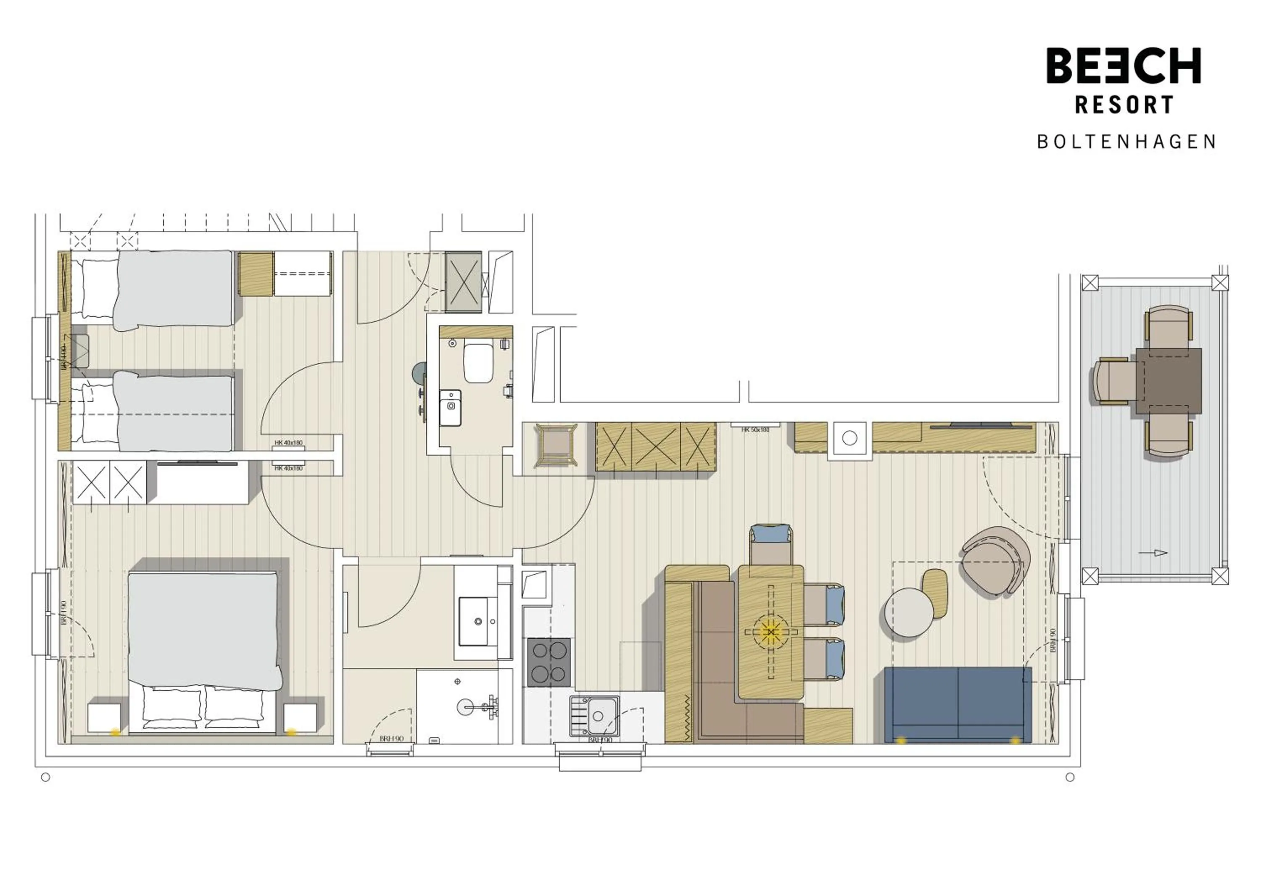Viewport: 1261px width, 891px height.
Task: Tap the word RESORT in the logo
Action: pyautogui.click(x=1124, y=105)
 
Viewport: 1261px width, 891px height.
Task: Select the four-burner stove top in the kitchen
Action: pyautogui.click(x=548, y=662)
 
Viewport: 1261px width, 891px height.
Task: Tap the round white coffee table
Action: pyautogui.click(x=909, y=612)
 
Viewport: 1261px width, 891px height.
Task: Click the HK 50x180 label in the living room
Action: pyautogui.click(x=755, y=430)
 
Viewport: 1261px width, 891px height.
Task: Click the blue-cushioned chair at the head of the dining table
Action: pyautogui.click(x=770, y=543)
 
